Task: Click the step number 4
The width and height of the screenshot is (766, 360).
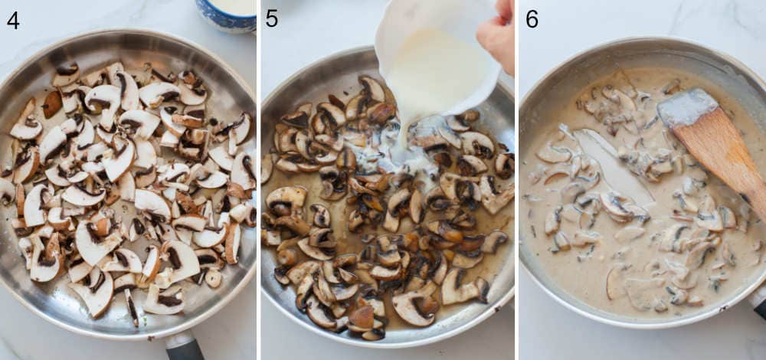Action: [12, 19]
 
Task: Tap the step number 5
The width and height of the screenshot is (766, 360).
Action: [272, 18]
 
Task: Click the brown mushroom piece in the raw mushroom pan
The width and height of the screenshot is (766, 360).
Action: [51, 104]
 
